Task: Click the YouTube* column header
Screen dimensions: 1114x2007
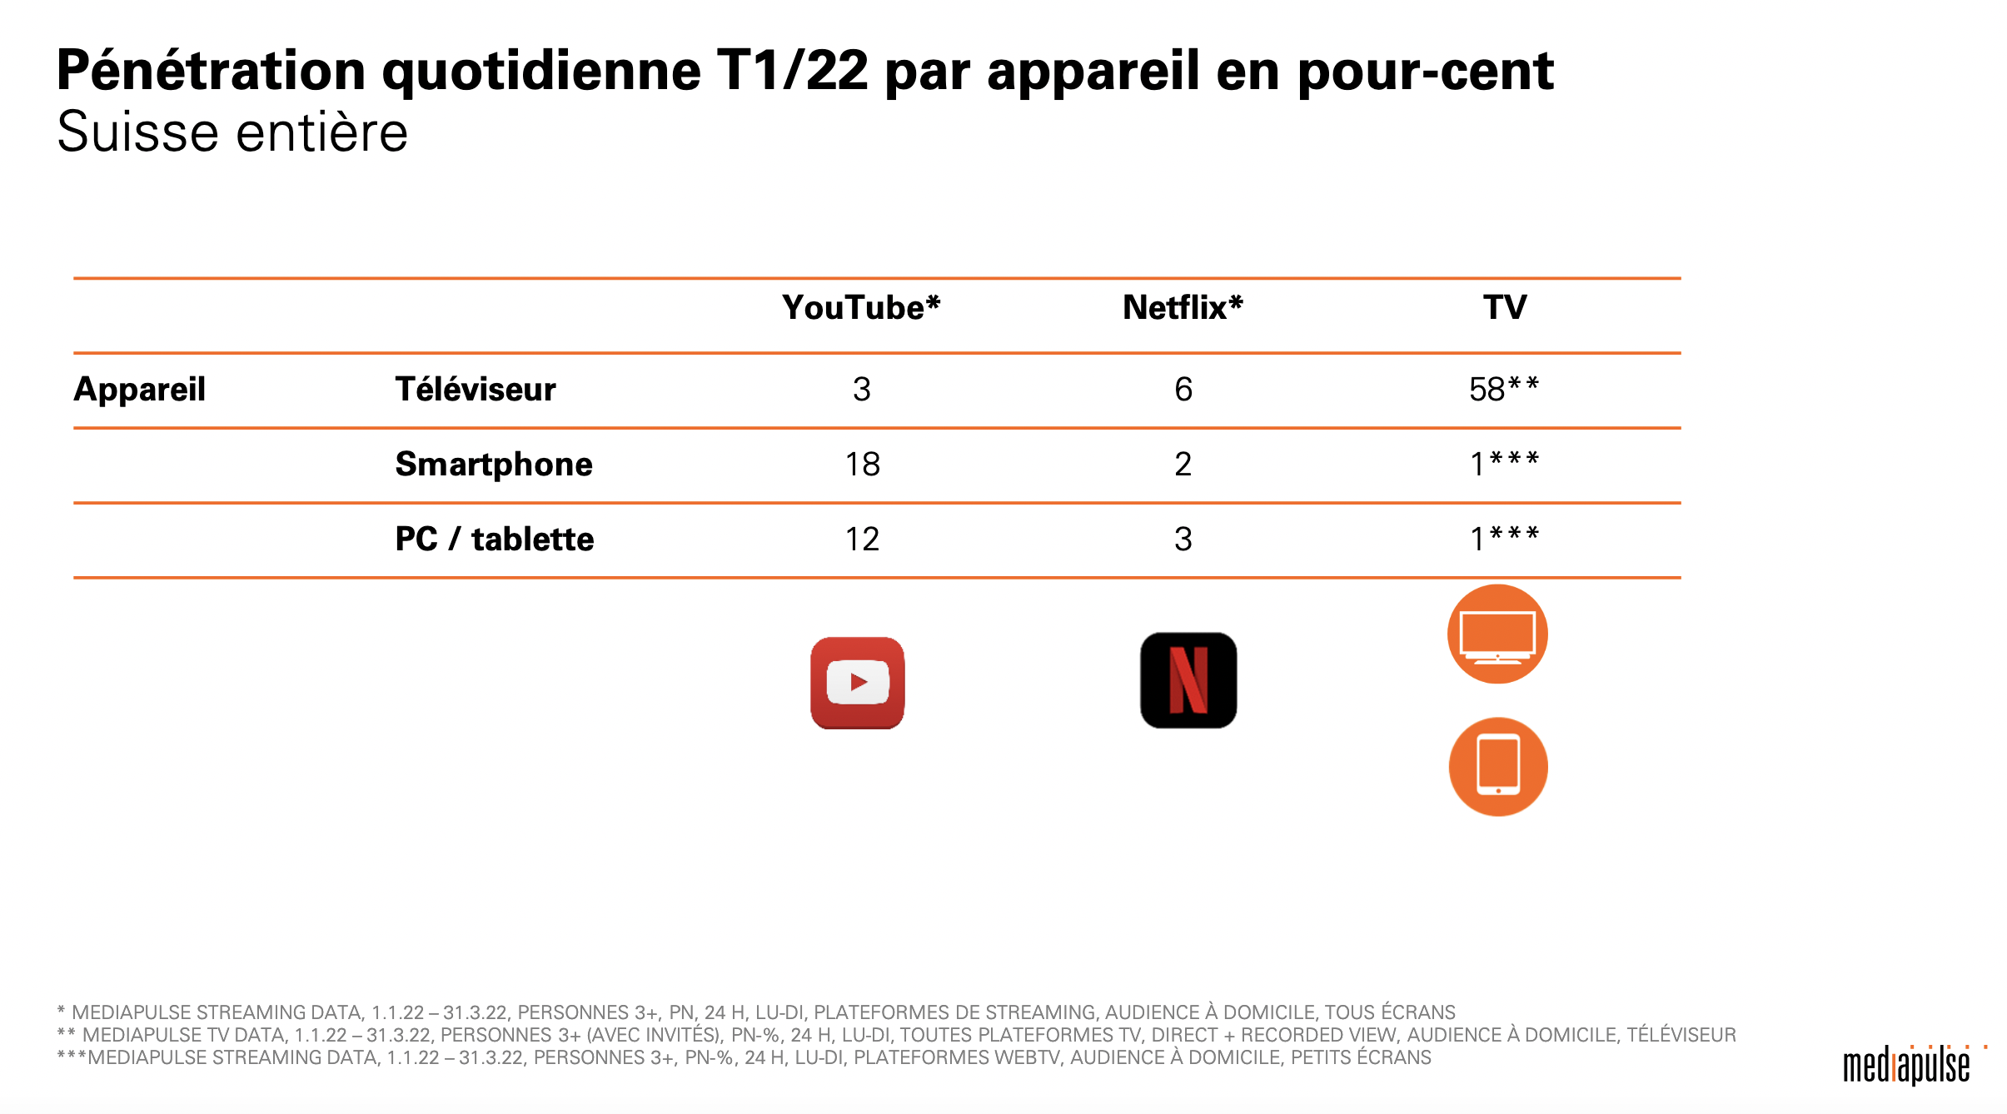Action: [861, 307]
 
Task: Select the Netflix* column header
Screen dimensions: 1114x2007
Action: [1183, 307]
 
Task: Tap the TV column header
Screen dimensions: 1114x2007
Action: [1504, 307]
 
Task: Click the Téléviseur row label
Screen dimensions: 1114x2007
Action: [475, 389]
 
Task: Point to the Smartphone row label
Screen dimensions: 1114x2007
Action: [493, 464]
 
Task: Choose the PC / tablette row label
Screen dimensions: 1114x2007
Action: [494, 539]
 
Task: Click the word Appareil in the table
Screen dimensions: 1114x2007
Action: [140, 389]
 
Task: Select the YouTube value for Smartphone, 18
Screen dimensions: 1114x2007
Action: [862, 464]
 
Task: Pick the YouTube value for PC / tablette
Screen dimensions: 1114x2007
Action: [862, 539]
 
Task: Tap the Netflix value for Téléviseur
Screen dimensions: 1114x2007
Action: [1183, 389]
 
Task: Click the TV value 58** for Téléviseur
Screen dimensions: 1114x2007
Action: [1503, 389]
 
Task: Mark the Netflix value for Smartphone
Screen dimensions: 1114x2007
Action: [1183, 464]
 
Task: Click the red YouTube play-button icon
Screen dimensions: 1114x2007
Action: [858, 683]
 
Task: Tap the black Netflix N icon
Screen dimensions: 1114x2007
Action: [1188, 680]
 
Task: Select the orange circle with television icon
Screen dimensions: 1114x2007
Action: [1497, 634]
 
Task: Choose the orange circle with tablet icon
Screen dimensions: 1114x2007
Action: [1498, 767]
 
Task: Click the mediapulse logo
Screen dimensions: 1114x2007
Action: [1907, 1066]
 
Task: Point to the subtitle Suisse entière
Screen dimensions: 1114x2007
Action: [232, 132]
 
